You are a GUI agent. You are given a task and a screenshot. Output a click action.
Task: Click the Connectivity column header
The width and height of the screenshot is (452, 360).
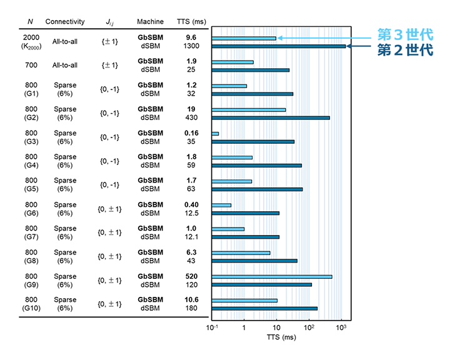point(65,22)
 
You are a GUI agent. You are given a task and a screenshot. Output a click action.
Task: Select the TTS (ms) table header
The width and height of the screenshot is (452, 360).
point(191,22)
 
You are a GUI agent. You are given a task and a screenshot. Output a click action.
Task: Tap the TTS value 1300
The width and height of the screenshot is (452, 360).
point(191,46)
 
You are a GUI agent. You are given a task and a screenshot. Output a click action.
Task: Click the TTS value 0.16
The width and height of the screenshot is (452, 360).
point(191,133)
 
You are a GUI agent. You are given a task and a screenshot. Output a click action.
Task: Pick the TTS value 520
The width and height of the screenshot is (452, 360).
point(191,276)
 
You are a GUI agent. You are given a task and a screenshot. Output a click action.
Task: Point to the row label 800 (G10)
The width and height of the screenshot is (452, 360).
point(31,304)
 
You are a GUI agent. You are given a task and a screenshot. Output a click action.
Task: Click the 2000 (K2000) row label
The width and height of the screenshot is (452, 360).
point(31,42)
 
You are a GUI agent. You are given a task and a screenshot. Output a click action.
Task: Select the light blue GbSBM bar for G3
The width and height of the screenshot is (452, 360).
point(215,134)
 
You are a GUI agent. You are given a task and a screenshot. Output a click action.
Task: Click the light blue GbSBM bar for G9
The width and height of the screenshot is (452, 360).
point(272,277)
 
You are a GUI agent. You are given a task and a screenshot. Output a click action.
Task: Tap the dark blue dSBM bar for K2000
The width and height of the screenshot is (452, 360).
point(278,46)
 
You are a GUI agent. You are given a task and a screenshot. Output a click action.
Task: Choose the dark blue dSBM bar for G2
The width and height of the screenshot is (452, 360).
point(271,118)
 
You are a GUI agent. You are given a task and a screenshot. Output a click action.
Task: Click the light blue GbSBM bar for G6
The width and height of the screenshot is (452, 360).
point(221,205)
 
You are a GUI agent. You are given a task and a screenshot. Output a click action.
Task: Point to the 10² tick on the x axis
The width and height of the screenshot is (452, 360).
point(309,327)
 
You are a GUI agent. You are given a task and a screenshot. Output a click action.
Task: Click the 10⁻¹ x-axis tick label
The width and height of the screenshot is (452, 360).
point(212,327)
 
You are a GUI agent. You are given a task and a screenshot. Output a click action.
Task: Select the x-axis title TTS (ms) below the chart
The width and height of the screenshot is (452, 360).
point(281,337)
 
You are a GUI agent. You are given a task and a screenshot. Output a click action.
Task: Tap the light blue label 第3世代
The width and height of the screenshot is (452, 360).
point(405,35)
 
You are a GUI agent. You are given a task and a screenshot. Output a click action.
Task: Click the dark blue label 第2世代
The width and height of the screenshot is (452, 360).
point(405,50)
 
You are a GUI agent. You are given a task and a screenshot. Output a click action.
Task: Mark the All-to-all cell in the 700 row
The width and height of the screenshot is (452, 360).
point(65,66)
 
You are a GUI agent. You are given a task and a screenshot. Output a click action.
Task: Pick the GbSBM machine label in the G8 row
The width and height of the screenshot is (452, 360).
point(150,252)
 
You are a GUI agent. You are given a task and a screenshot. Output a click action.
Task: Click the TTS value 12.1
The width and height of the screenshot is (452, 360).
point(191,237)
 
